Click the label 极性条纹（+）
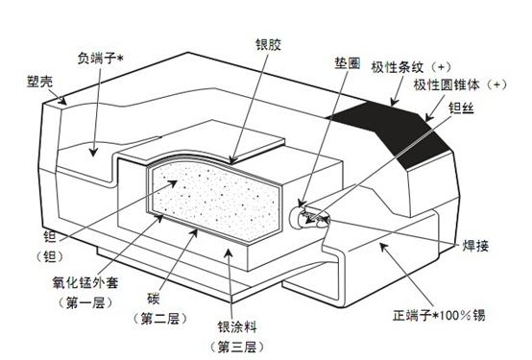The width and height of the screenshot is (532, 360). pyautogui.click(x=414, y=68)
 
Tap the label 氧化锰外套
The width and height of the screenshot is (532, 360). pyautogui.click(x=84, y=282)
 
